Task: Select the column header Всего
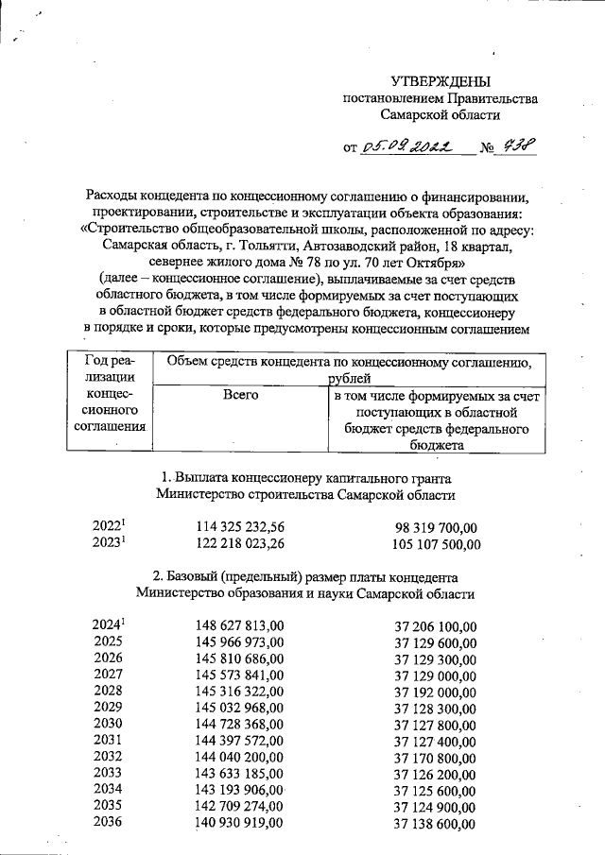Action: [x=240, y=397]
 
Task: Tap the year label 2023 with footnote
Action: [x=110, y=543]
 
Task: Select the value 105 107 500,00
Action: [x=436, y=544]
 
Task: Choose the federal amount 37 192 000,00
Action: [x=436, y=691]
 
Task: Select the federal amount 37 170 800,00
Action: [x=436, y=757]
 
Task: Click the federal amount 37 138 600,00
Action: [x=436, y=824]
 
